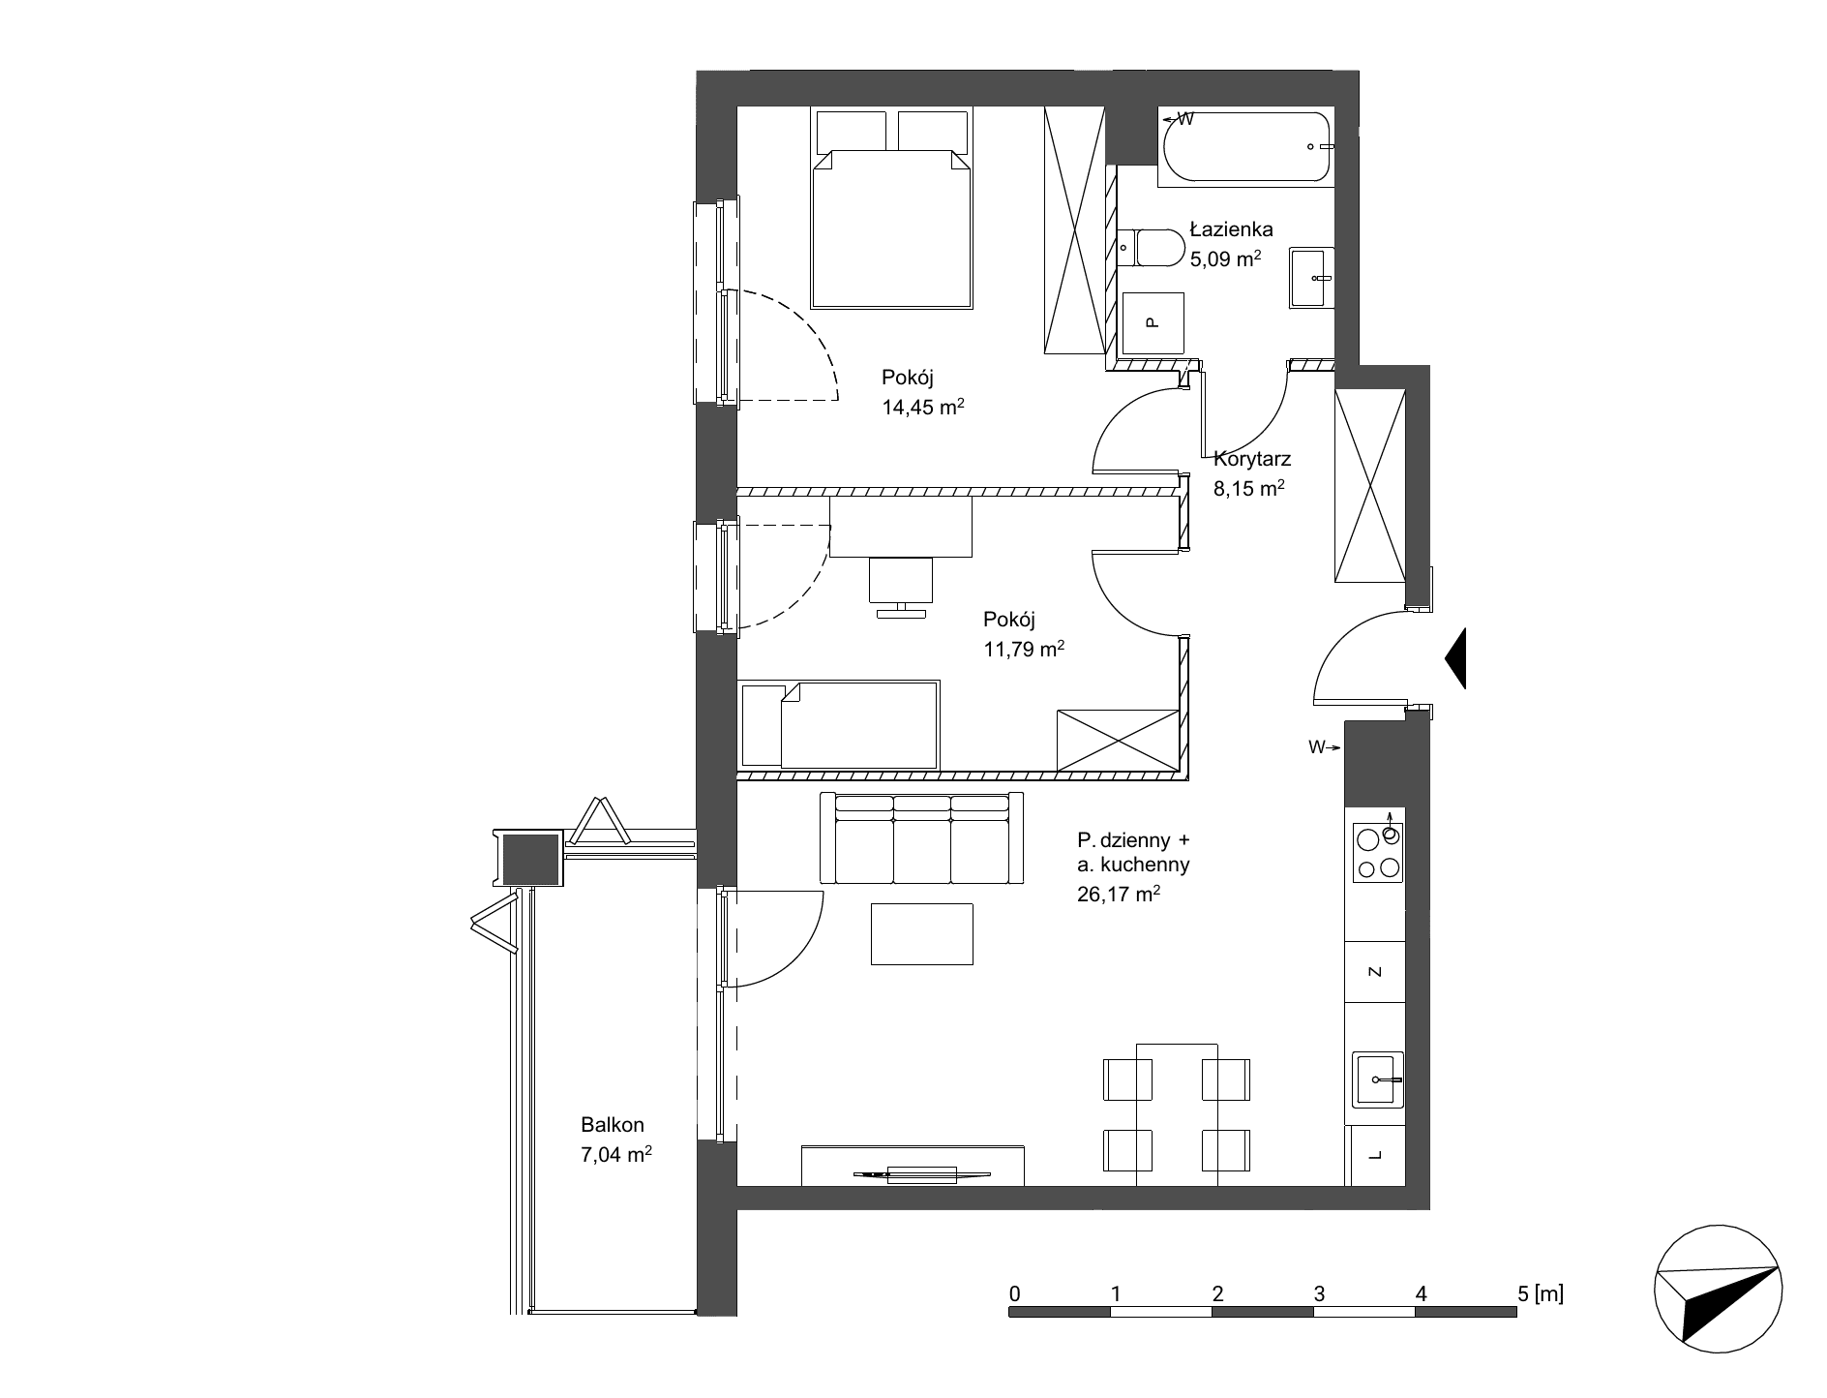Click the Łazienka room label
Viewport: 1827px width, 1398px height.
coord(1231,230)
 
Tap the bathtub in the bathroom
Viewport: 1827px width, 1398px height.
coord(1246,147)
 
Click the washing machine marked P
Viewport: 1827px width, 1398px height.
coord(1152,323)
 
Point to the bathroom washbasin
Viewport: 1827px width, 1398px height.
coord(1311,278)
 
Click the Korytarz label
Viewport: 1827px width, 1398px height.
coord(1252,461)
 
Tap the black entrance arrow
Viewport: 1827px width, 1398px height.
coord(1455,658)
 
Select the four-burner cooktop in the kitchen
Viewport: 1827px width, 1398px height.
coord(1378,853)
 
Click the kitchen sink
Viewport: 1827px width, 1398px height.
coord(1378,1079)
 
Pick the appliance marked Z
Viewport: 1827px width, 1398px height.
coord(1375,971)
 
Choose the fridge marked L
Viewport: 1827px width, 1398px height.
coord(1375,1156)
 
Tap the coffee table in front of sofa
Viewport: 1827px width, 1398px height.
coord(922,933)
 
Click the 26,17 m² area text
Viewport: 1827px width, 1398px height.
coord(1118,895)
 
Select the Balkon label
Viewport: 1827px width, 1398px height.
coord(613,1125)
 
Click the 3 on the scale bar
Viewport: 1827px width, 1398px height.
coord(1319,1292)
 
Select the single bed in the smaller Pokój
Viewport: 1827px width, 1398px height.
coord(839,725)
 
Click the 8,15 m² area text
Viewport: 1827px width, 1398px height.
coord(1248,489)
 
